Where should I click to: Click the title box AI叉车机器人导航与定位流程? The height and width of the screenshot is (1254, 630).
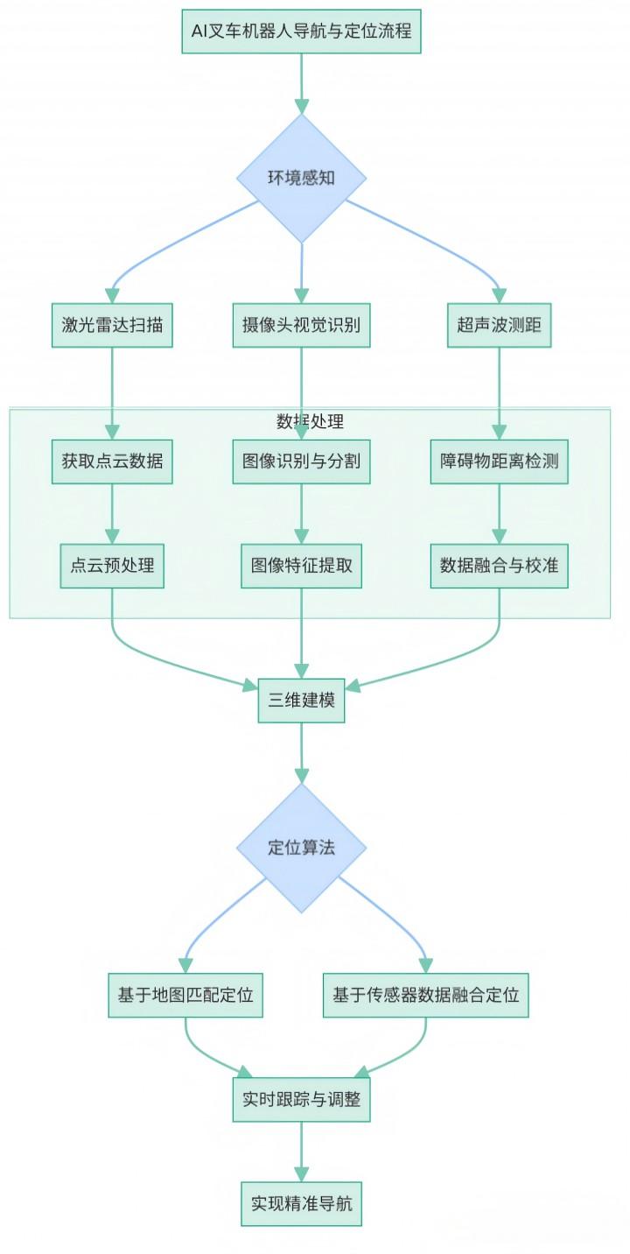click(301, 32)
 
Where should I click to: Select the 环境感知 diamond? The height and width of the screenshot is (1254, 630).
click(301, 178)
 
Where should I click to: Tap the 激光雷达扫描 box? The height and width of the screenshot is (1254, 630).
click(111, 325)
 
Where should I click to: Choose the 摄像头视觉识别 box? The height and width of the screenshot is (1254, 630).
click(301, 325)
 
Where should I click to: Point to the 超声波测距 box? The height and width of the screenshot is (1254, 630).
click(499, 325)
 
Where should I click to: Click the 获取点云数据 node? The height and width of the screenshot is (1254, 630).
click(111, 461)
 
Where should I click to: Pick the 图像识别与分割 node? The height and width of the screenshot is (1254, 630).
click(301, 461)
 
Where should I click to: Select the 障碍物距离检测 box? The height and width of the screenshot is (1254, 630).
click(499, 461)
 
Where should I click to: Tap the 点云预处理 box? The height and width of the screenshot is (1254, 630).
click(111, 566)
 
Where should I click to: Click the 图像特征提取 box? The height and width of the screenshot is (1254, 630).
click(301, 566)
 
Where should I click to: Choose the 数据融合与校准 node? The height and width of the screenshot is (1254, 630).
click(499, 566)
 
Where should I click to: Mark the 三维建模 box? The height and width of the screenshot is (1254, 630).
click(301, 701)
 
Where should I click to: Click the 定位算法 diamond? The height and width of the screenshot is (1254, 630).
click(301, 848)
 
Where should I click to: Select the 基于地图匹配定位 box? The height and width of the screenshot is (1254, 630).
click(185, 995)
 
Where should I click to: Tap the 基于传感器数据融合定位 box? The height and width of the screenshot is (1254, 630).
click(425, 995)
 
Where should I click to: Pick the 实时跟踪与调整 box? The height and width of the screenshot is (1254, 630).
click(301, 1099)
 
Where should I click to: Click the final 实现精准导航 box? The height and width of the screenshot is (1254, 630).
click(301, 1203)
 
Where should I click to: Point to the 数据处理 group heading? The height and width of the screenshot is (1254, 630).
click(310, 421)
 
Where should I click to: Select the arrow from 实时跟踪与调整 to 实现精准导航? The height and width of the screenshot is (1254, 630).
click(301, 1151)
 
